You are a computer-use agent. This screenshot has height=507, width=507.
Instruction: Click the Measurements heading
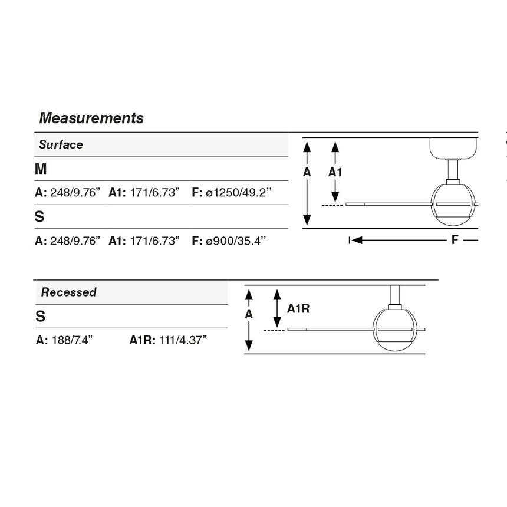click(91, 118)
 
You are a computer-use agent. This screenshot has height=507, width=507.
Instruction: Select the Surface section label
click(61, 144)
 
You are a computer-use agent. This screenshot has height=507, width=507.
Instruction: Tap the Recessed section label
click(68, 292)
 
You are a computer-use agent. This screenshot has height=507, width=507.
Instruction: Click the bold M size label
click(41, 169)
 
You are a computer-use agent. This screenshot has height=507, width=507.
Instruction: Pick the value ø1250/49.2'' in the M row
click(239, 192)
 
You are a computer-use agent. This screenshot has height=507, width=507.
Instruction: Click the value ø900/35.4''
click(236, 241)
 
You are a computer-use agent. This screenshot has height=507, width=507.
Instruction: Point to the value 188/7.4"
click(72, 340)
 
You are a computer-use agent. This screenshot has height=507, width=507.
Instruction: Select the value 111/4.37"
click(183, 340)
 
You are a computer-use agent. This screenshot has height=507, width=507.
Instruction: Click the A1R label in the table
click(142, 340)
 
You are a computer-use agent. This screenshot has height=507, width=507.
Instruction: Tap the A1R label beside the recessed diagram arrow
click(298, 309)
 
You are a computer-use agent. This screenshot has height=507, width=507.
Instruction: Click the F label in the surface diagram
click(455, 240)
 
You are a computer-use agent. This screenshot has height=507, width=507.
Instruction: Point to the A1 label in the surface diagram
click(335, 172)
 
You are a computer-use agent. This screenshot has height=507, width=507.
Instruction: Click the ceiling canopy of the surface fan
click(454, 149)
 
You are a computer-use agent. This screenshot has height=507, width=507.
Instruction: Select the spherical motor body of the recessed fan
click(395, 330)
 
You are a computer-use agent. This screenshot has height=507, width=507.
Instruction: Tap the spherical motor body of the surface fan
click(453, 205)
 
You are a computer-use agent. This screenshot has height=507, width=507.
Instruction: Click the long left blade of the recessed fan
click(330, 330)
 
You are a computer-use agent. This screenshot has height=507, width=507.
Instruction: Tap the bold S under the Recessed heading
click(41, 316)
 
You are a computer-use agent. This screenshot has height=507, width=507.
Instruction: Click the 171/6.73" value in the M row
click(154, 192)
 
